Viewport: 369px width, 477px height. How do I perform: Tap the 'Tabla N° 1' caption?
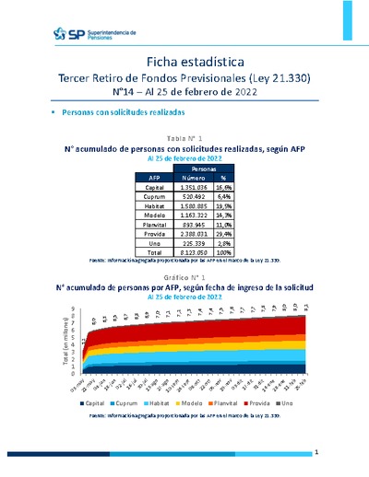(x=185, y=136)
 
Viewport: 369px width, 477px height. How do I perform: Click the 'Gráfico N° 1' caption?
(x=184, y=276)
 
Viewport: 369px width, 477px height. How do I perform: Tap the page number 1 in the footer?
(x=315, y=453)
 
